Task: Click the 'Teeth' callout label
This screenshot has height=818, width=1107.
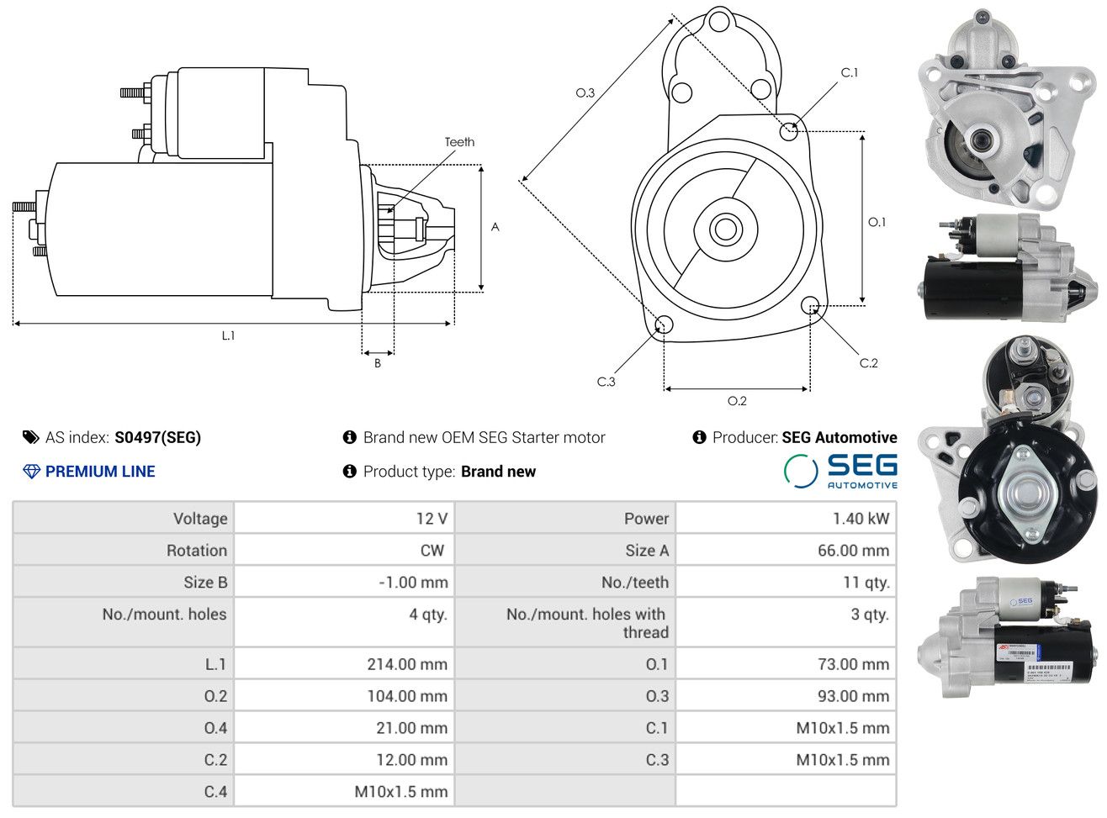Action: (x=459, y=142)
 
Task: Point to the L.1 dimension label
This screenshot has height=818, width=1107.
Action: (x=228, y=335)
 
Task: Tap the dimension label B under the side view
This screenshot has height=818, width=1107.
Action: (x=378, y=363)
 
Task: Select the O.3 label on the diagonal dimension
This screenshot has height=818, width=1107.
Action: (x=585, y=92)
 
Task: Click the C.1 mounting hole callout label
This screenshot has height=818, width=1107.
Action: (x=850, y=73)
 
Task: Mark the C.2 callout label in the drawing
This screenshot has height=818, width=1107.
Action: (x=868, y=363)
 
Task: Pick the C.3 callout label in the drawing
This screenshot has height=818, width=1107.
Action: (x=606, y=382)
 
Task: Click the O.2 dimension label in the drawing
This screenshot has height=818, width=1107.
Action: (x=737, y=401)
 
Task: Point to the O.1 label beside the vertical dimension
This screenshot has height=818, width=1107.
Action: (x=877, y=222)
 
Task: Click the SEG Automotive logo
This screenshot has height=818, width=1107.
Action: (x=840, y=471)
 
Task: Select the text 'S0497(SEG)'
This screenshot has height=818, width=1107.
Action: (x=158, y=437)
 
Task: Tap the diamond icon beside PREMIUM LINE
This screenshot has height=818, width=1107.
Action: (x=31, y=472)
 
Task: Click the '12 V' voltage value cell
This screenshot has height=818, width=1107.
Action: (x=432, y=519)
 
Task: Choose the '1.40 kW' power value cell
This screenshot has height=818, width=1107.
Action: (x=861, y=519)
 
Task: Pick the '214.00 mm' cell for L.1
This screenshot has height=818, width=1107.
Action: (x=407, y=664)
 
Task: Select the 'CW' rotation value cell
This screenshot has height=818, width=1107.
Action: (x=432, y=551)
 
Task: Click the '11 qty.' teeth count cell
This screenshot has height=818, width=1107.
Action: (x=866, y=583)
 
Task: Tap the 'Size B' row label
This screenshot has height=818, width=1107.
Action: (x=205, y=583)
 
